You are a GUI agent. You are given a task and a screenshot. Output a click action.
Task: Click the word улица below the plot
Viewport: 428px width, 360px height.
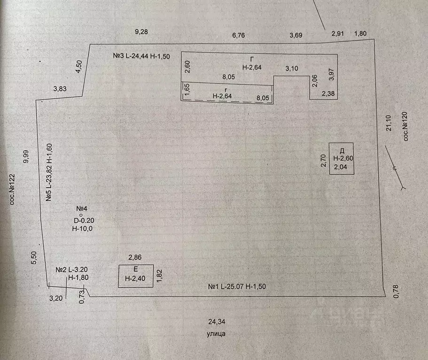[x=216, y=334]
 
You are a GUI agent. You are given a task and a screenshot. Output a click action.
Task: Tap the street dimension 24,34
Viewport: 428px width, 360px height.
[x=217, y=322]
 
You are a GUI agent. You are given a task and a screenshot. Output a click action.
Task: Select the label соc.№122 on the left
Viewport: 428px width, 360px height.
[x=12, y=190]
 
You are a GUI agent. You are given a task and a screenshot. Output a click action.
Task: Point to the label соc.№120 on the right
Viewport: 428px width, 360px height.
[x=405, y=126]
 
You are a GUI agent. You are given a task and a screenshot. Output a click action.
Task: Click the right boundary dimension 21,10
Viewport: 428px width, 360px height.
[x=389, y=123]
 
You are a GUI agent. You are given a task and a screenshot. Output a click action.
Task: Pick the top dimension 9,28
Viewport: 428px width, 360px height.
[x=141, y=31]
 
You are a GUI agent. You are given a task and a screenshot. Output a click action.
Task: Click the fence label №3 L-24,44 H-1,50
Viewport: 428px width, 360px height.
[x=141, y=56]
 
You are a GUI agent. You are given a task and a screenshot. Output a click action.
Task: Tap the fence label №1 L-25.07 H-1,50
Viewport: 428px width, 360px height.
[x=237, y=286]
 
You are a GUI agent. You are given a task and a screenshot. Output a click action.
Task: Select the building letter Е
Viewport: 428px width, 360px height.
[x=136, y=269]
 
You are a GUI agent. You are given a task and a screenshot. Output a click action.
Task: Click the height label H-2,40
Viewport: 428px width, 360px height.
[x=135, y=278]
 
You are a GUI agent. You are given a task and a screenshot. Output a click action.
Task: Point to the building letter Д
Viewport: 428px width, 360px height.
[x=342, y=151]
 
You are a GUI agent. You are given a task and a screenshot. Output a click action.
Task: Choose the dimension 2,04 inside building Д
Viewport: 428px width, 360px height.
[x=341, y=167]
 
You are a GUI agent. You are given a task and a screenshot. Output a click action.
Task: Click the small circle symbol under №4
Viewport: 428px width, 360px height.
[x=81, y=215]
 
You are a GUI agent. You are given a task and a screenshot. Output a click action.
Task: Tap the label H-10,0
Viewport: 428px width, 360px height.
[x=82, y=229]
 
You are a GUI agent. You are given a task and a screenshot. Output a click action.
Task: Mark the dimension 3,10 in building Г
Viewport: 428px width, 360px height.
[x=292, y=68]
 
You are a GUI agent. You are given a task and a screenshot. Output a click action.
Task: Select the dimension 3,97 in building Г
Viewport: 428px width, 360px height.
[x=331, y=74]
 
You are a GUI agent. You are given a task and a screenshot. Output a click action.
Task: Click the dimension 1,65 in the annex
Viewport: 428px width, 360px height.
[x=187, y=90]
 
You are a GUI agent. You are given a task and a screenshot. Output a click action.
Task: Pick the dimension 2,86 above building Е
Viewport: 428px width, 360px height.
[x=135, y=257]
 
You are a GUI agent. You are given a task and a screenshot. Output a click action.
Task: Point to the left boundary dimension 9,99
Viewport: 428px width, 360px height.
[x=26, y=157]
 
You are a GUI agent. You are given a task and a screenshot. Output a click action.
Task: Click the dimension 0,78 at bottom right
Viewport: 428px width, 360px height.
[x=396, y=291]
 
